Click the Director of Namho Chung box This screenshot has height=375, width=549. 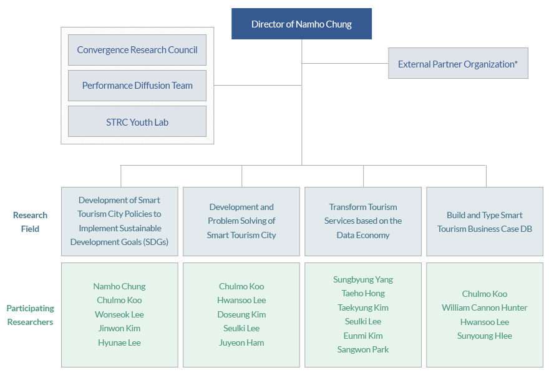click(301, 24)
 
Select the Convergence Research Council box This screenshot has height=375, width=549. click(137, 50)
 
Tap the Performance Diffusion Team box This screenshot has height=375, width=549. click(137, 86)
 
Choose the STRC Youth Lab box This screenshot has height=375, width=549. click(137, 121)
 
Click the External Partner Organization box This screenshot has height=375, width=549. click(458, 63)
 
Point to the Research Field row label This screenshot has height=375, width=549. click(30, 222)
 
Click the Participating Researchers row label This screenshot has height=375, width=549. click(30, 315)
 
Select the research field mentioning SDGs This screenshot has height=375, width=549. click(120, 221)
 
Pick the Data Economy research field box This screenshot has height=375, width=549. click(363, 221)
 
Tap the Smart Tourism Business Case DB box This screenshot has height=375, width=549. click(485, 221)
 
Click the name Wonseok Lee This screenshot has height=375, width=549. click(119, 314)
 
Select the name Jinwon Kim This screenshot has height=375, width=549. click(119, 328)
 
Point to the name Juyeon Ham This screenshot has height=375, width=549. click(241, 342)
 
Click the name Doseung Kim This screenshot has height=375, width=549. click(241, 314)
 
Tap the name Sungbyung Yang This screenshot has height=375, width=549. click(363, 279)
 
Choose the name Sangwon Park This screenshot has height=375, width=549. click(363, 349)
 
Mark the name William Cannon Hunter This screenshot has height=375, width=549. click(485, 307)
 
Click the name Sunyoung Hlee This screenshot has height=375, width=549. click(485, 336)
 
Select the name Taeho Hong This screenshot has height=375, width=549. click(363, 293)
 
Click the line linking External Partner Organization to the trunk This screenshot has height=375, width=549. click(345, 64)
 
